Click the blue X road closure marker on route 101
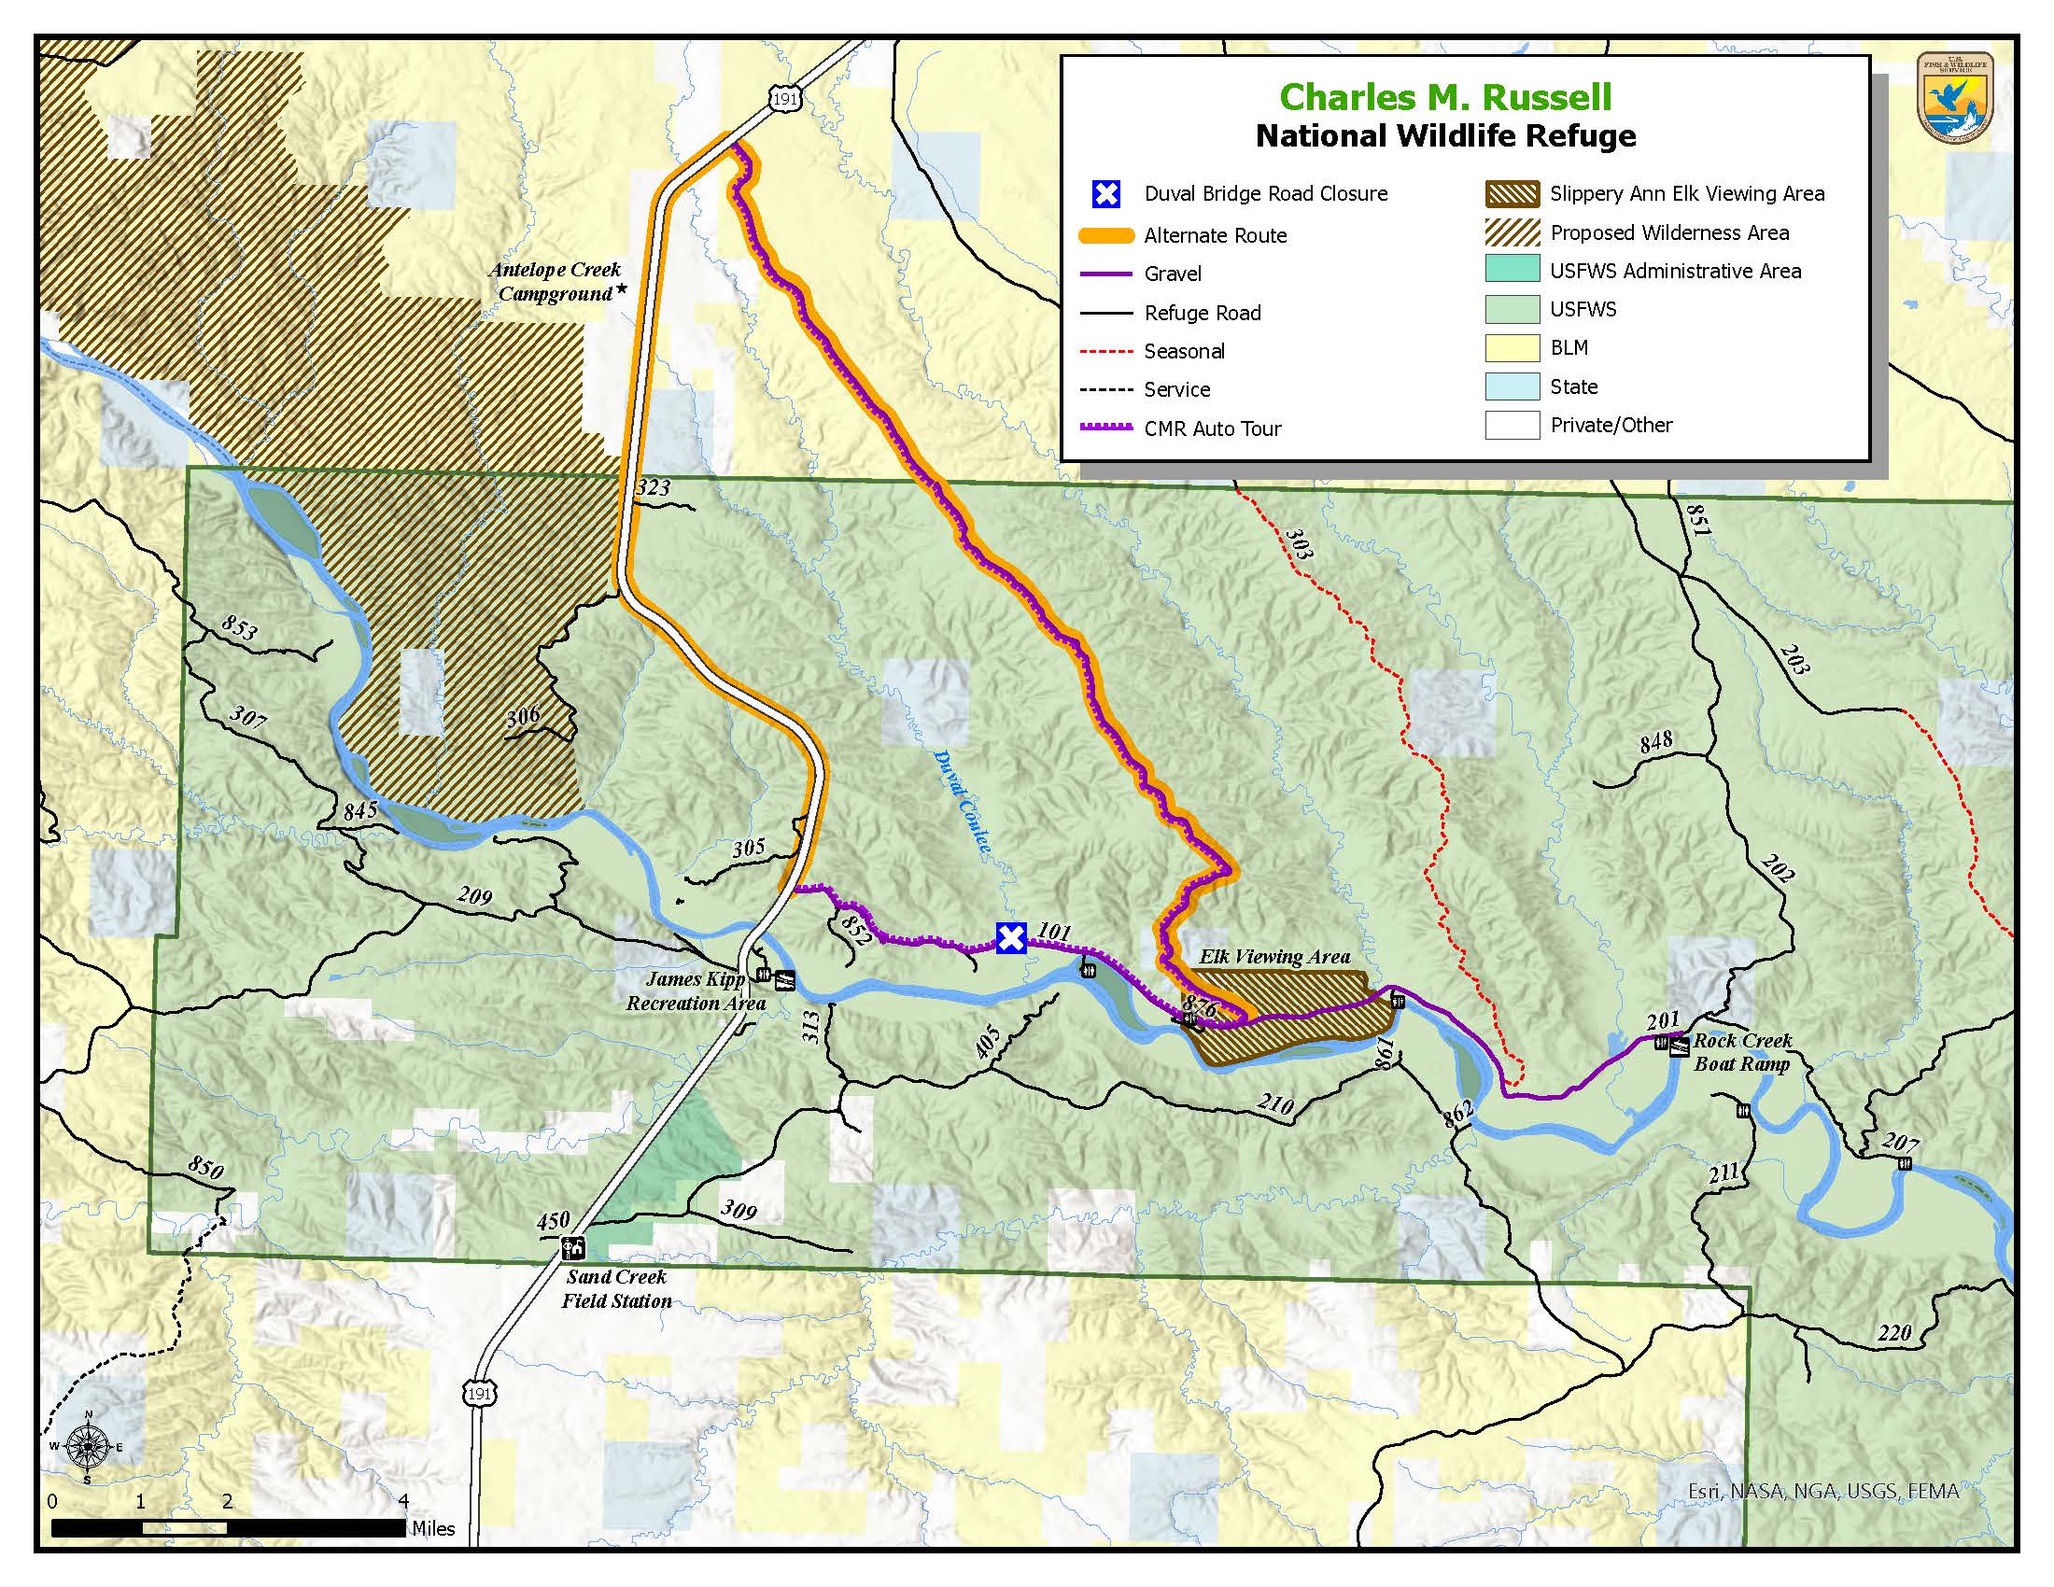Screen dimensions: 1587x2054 click(x=1011, y=937)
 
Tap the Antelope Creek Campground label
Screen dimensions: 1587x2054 click(x=555, y=282)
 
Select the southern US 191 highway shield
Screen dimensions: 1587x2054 click(x=479, y=1394)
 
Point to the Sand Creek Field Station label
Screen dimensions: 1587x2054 click(x=617, y=1289)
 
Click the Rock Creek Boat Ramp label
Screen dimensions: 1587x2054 click(x=1742, y=1052)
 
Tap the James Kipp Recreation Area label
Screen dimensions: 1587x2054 click(x=695, y=990)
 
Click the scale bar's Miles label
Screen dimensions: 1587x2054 click(x=433, y=1529)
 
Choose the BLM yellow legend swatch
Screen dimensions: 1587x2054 click(x=1512, y=348)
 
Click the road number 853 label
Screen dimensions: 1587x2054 click(x=239, y=626)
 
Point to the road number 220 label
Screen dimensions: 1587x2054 click(x=1894, y=1332)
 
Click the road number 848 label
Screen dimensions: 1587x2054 click(x=1656, y=741)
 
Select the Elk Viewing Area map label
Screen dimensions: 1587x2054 click(x=1274, y=957)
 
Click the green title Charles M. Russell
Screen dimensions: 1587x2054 click(x=1445, y=97)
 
